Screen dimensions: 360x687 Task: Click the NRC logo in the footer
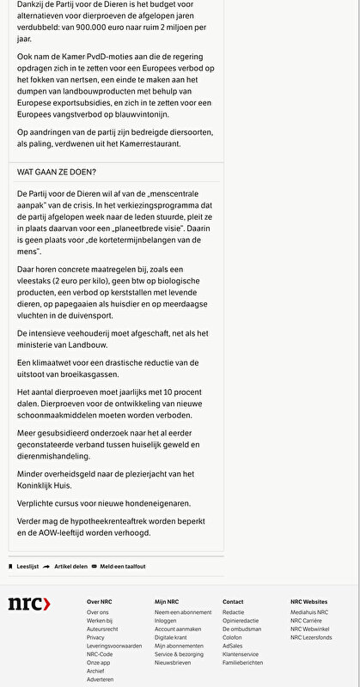point(29,605)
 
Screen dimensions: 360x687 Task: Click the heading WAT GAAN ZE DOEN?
point(57,172)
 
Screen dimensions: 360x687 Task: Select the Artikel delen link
point(70,567)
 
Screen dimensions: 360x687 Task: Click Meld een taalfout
point(122,567)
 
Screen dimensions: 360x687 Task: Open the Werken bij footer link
point(99,620)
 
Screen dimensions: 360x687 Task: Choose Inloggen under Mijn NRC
point(166,620)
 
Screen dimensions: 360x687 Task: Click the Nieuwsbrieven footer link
point(173,663)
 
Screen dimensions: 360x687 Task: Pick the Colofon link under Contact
point(232,637)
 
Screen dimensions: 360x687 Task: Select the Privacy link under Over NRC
point(95,637)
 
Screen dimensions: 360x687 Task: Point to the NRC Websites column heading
point(308,601)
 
